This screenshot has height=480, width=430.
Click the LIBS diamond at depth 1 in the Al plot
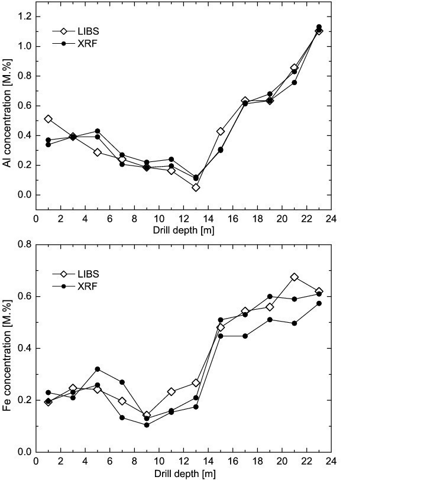(x=48, y=119)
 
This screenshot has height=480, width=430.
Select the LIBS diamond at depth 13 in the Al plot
(x=196, y=187)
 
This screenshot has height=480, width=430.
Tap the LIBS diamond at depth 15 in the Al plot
(x=221, y=131)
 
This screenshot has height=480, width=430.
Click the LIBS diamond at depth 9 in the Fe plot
(x=147, y=415)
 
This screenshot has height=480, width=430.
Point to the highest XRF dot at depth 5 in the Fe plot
(x=98, y=369)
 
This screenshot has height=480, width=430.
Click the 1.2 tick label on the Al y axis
(x=23, y=17)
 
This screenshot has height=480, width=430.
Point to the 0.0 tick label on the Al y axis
(x=23, y=195)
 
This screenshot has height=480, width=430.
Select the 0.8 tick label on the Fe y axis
(x=23, y=244)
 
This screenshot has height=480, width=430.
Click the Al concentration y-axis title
(x=8, y=113)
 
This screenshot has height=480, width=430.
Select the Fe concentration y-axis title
(x=8, y=348)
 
